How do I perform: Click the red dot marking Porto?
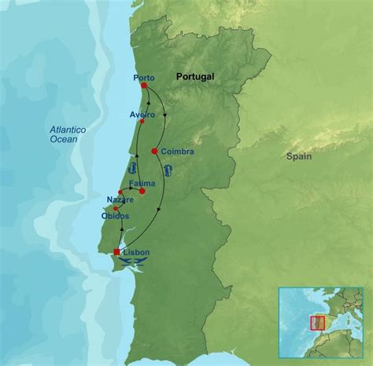(144, 86)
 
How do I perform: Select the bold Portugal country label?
(195, 76)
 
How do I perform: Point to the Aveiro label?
(142, 115)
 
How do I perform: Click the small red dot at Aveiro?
(140, 123)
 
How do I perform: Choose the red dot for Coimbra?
(155, 150)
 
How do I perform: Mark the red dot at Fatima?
(142, 191)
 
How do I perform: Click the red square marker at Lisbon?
(117, 252)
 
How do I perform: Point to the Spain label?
(299, 156)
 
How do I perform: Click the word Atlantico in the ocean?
(66, 129)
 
